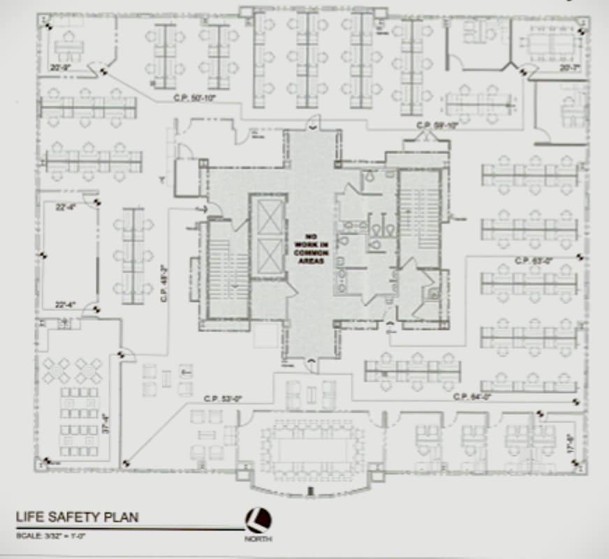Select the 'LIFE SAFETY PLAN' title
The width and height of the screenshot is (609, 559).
(x=77, y=518)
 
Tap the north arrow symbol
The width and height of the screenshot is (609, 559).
(x=258, y=520)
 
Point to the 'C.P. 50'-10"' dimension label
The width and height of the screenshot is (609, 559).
(x=194, y=99)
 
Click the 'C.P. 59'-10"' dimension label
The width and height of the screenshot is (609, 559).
(x=436, y=126)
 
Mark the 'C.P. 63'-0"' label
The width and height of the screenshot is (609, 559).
(x=534, y=261)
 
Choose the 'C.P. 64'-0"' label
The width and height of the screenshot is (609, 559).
(x=473, y=397)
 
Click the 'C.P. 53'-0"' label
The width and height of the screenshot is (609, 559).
(x=223, y=398)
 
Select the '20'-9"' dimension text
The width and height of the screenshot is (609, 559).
(x=59, y=68)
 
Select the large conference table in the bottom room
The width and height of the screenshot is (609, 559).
(x=311, y=448)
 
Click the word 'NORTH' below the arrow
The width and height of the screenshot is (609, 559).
(x=258, y=539)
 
